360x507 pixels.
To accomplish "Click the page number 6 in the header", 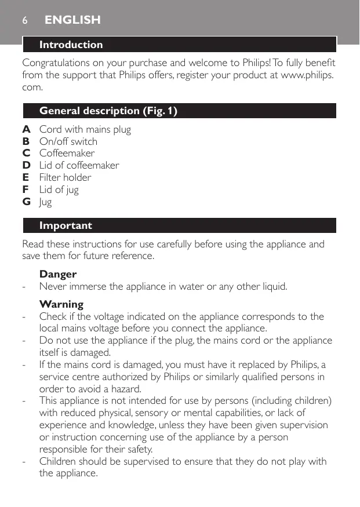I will click(25, 20).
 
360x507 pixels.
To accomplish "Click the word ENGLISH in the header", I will click(72, 20).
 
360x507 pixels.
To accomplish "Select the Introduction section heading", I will click(71, 45).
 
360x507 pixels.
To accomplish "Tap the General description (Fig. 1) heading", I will click(108, 111).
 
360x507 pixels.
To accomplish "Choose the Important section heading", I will click(66, 225).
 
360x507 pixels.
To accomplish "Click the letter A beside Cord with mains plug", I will click(26, 129).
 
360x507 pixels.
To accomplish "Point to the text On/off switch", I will click(68, 141).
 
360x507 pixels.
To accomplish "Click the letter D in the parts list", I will click(27, 165).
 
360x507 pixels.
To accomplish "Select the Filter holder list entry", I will click(65, 177).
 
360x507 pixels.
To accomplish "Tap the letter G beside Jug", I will click(27, 202).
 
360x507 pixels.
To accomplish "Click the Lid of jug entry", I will click(59, 189).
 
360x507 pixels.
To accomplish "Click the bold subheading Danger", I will click(58, 274).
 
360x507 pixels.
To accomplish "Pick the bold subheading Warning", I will click(61, 304).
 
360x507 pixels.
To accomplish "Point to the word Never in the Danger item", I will click(52, 286).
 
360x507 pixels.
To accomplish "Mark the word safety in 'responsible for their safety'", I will click(138, 449).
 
